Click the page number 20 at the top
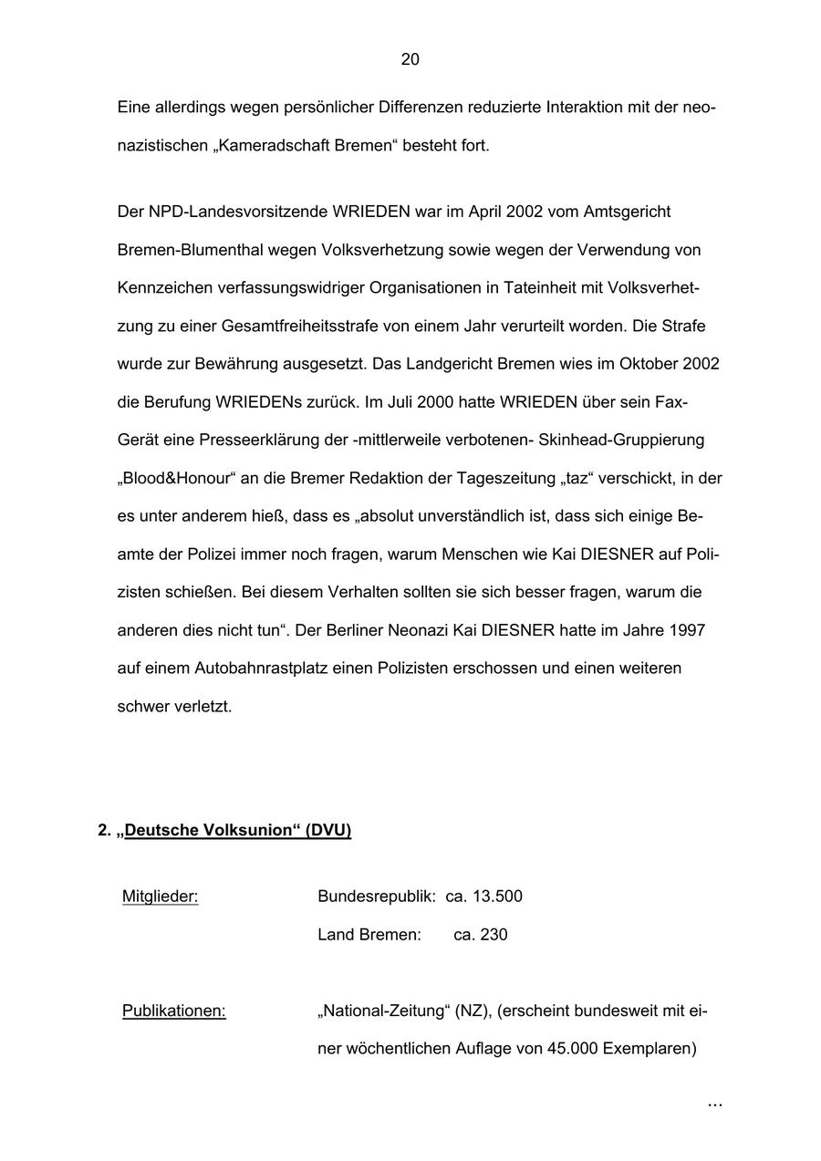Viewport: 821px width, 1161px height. coord(410,59)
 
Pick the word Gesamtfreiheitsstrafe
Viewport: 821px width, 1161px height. coord(299,326)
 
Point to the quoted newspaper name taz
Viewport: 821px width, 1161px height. coord(579,478)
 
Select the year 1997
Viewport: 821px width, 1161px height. coord(687,630)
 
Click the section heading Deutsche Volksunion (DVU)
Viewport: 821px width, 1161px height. coord(237,830)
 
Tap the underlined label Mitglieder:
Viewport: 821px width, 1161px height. coord(160,897)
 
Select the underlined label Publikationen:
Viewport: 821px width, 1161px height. coord(173,1011)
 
